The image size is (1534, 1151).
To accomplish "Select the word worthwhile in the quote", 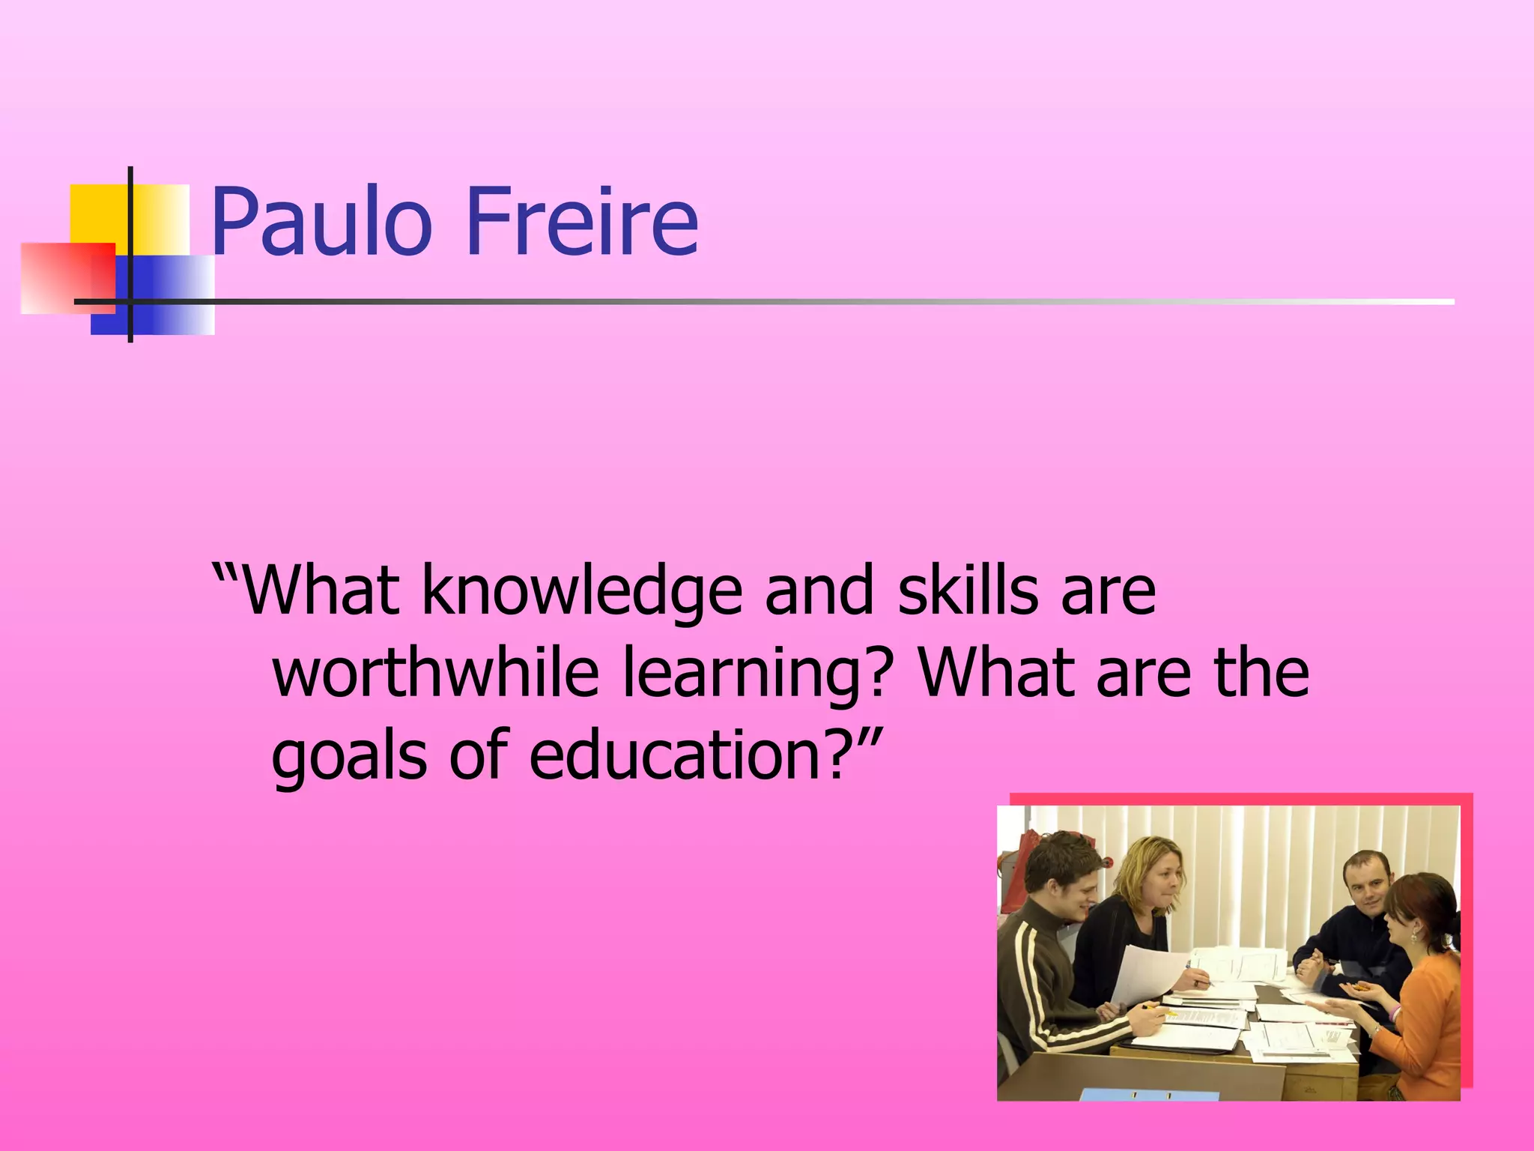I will tap(435, 671).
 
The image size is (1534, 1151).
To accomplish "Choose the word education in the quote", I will tap(678, 752).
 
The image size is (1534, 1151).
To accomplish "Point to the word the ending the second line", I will tap(1261, 671).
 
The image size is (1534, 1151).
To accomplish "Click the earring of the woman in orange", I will tap(1413, 936).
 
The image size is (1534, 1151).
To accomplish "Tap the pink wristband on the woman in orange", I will tap(1394, 1013).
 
